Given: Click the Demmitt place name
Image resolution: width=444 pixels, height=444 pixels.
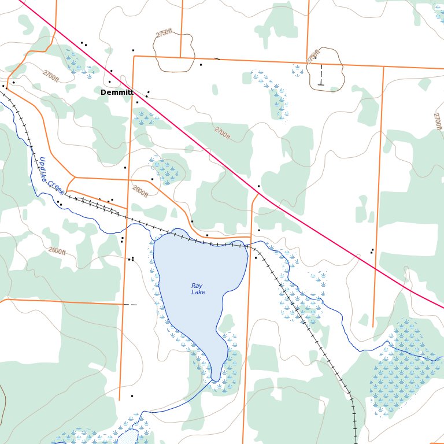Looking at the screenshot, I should click(x=117, y=92).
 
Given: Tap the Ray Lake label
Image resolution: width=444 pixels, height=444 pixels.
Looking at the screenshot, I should click(x=198, y=289).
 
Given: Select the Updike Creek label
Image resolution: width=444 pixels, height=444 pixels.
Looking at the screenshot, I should click(x=51, y=175).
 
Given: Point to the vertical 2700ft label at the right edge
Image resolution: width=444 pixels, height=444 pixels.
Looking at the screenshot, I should click(x=437, y=121).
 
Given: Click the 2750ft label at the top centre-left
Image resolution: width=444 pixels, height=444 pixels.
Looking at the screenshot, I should click(x=164, y=34).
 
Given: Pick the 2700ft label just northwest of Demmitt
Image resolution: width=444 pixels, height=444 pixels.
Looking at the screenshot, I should click(x=51, y=75).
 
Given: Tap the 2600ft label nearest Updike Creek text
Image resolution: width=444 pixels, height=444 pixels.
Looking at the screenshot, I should click(x=140, y=191).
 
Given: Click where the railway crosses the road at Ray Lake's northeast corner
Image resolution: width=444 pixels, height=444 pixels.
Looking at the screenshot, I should click(x=250, y=246).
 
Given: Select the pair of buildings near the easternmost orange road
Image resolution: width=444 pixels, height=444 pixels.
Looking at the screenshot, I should click(x=372, y=251).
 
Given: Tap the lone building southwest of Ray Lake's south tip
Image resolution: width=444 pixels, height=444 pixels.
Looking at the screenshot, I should click(x=132, y=396).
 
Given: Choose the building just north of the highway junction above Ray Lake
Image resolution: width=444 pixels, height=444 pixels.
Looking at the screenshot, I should click(x=258, y=186).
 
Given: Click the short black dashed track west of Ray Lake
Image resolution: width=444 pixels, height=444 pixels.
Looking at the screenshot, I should click(x=131, y=304).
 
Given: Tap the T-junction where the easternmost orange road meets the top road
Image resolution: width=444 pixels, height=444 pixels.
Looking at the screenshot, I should click(x=383, y=66).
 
